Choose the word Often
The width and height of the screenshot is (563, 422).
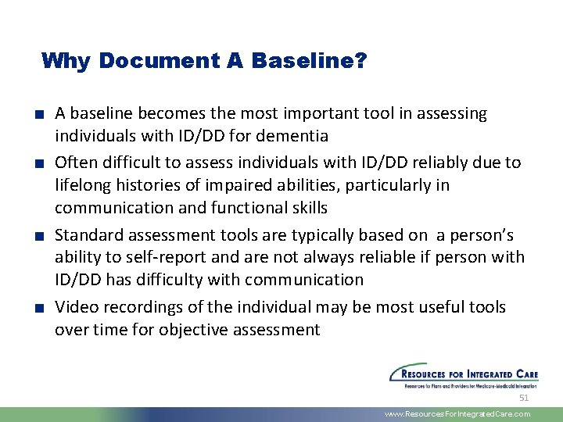coord(76,163)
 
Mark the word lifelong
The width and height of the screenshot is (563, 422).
coord(82,185)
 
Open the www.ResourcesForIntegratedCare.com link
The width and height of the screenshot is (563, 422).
coord(457,414)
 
